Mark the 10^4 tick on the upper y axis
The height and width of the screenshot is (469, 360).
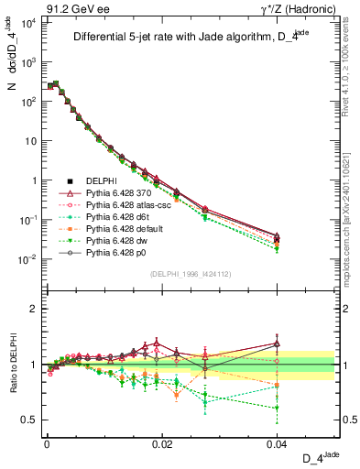click(x=27, y=22)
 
